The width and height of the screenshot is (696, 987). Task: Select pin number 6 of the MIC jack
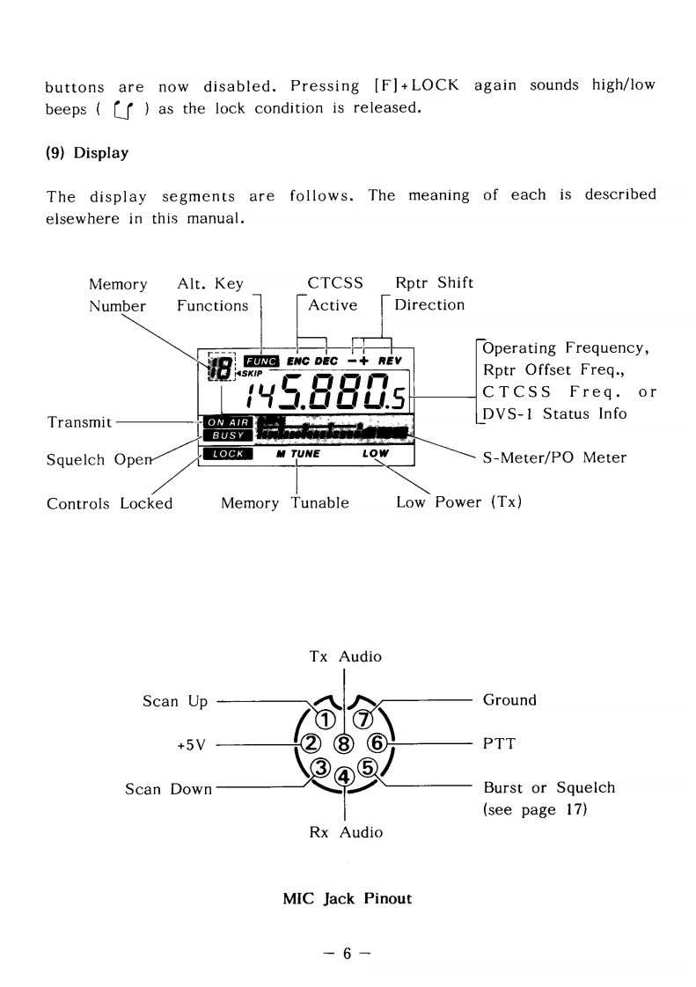pyautogui.click(x=377, y=743)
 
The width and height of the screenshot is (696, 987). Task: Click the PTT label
pyautogui.click(x=499, y=743)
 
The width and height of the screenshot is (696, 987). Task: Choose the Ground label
pyautogui.click(x=509, y=700)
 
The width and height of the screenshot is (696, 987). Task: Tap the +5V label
pyautogui.click(x=191, y=744)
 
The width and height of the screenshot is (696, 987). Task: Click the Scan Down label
pyautogui.click(x=169, y=788)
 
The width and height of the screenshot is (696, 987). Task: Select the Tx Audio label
pyautogui.click(x=345, y=656)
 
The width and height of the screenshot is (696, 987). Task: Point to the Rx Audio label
pyautogui.click(x=345, y=831)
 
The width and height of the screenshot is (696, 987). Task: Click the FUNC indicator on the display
pyautogui.click(x=261, y=361)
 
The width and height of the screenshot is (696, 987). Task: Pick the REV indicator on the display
pyautogui.click(x=391, y=361)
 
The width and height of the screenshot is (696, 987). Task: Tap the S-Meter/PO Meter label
pyautogui.click(x=554, y=457)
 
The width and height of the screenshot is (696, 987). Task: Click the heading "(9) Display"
pyautogui.click(x=87, y=153)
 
